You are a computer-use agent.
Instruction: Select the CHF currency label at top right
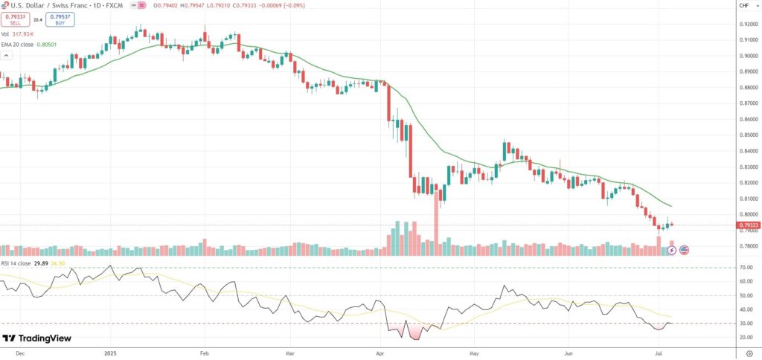(743, 6)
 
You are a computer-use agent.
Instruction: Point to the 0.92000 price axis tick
(748, 25)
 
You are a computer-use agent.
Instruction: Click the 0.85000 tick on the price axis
(748, 135)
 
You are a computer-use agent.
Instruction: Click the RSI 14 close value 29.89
(42, 263)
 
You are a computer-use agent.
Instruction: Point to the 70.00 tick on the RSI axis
(746, 267)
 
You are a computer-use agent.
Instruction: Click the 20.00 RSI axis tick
(746, 337)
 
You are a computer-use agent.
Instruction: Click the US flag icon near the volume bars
(684, 250)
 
